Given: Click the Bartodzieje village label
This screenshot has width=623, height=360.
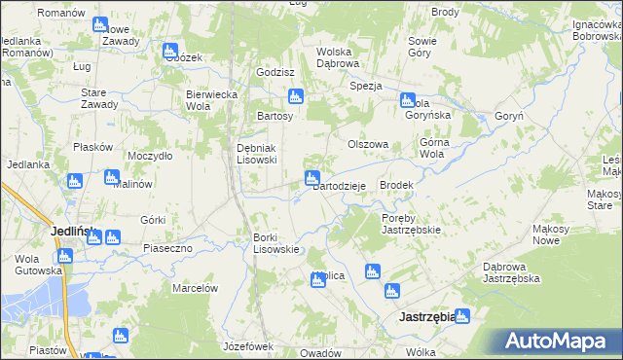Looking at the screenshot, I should click(338, 187).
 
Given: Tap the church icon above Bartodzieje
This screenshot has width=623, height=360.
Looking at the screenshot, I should click(312, 178).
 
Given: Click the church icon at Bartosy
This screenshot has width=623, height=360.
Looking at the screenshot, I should click(295, 96).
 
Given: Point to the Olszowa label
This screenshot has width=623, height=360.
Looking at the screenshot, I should click(369, 144).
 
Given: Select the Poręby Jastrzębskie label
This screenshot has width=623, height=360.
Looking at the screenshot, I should click(411, 224).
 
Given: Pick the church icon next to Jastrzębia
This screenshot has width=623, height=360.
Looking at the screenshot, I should click(461, 316).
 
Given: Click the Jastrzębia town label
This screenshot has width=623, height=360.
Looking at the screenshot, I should click(425, 317).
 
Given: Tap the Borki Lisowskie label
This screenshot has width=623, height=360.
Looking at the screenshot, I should click(275, 243).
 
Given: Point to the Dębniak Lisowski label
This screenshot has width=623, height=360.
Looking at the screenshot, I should click(258, 154).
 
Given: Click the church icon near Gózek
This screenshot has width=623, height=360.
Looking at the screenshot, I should click(170, 51).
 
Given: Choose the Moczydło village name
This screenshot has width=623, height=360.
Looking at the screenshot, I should click(150, 156).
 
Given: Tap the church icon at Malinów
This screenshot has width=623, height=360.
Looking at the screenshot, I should click(111, 178).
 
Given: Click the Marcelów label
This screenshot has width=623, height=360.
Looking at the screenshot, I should click(194, 288).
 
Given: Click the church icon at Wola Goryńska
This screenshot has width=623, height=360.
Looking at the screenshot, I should click(407, 100).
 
